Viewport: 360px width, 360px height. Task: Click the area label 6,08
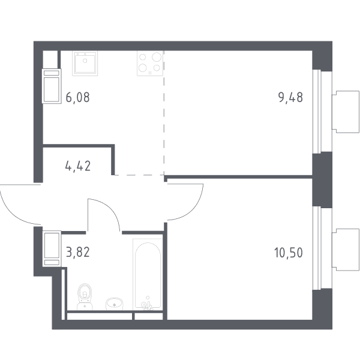pyautogui.click(x=77, y=97)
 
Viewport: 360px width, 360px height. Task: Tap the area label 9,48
pyautogui.click(x=290, y=97)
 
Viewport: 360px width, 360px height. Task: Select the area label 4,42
pyautogui.click(x=78, y=166)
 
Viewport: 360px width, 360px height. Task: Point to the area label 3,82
pyautogui.click(x=77, y=252)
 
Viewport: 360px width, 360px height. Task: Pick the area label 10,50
pyautogui.click(x=289, y=253)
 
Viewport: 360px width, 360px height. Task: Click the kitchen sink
pyautogui.click(x=85, y=64)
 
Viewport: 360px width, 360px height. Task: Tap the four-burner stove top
pyautogui.click(x=150, y=64)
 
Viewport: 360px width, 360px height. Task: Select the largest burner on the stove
pyautogui.click(x=157, y=57)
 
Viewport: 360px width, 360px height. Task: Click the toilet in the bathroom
pyautogui.click(x=85, y=296)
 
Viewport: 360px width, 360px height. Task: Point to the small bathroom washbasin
pyautogui.click(x=115, y=304)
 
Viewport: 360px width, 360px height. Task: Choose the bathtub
pyautogui.click(x=148, y=274)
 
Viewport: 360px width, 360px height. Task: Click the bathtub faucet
pyautogui.click(x=147, y=305)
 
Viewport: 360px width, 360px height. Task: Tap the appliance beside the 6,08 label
pyautogui.click(x=52, y=86)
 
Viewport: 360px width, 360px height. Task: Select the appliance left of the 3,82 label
pyautogui.click(x=52, y=249)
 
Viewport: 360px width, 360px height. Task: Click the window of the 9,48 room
pyautogui.click(x=317, y=112)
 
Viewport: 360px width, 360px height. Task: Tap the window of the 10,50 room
pyautogui.click(x=317, y=248)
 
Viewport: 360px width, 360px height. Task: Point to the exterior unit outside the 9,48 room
pyautogui.click(x=346, y=112)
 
